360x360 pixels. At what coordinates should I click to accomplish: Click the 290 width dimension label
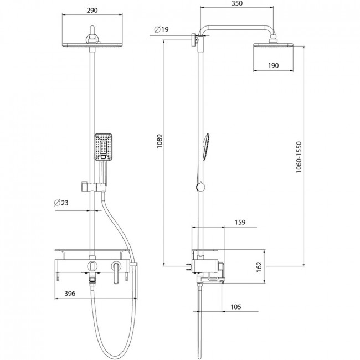point(92,11)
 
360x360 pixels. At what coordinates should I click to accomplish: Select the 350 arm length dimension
point(237,3)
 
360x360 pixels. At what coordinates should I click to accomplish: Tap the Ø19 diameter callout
point(161,29)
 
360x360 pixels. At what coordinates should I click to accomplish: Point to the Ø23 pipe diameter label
point(61,203)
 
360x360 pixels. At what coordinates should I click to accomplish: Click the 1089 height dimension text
point(160,141)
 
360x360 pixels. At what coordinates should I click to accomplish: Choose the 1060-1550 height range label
point(299,157)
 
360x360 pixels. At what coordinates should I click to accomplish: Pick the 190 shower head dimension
point(274,66)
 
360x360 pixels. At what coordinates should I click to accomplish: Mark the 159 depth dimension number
point(240,222)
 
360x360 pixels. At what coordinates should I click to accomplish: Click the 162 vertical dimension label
point(259,267)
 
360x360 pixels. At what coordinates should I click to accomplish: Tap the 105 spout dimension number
point(236,307)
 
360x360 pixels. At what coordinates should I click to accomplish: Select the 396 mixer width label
point(70,294)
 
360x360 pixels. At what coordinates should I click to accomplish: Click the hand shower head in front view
point(104,147)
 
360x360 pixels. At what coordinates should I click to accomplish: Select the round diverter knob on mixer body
point(92,266)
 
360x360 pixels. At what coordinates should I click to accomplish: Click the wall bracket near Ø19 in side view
point(195,40)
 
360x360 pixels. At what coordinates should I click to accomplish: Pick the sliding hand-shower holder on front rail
point(94,187)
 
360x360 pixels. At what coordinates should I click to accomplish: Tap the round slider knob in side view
point(200,187)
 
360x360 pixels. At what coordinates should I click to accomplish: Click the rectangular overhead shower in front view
point(92,45)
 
